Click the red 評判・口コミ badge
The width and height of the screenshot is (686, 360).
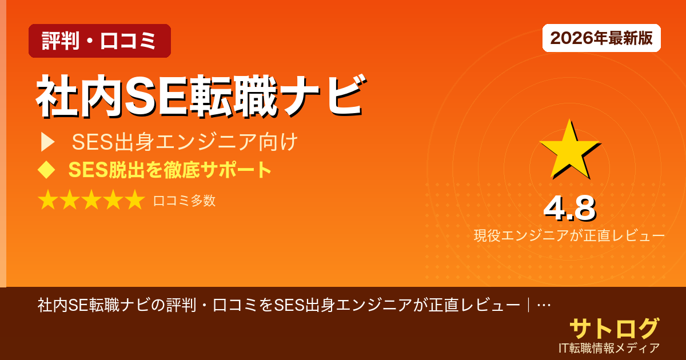[99, 41]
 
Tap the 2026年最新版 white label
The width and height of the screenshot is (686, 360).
[601, 38]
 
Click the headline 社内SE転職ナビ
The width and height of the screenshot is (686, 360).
[200, 95]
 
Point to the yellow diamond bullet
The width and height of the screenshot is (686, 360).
[46, 170]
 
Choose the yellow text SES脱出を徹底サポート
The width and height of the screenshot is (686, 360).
[170, 170]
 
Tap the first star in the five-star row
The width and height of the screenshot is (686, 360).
[48, 201]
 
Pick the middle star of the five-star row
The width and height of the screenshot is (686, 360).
[91, 201]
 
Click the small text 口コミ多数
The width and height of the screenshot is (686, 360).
[184, 201]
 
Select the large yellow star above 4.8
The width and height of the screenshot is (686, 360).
[569, 149]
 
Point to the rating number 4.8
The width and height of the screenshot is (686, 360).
[569, 209]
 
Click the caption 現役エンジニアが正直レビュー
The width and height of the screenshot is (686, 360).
[569, 235]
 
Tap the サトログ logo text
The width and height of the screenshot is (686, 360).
[614, 329]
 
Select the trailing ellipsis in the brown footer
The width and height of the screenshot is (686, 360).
[544, 305]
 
